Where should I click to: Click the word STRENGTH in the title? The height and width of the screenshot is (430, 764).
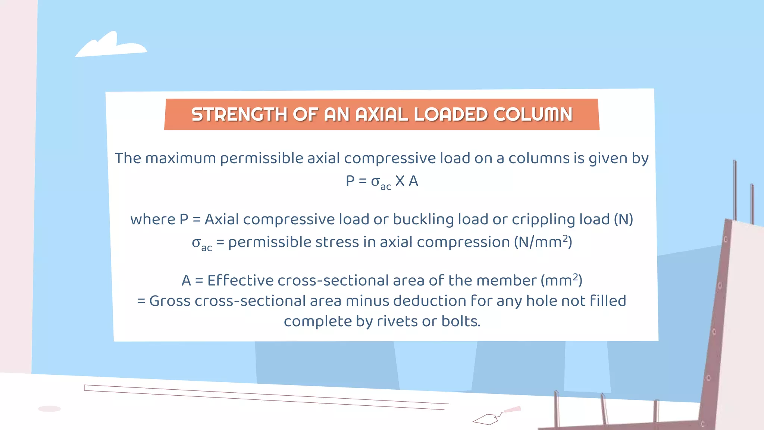pos(239,114)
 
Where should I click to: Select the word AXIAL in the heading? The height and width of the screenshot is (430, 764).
pos(382,114)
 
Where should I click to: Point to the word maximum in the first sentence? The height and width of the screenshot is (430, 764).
pos(180,158)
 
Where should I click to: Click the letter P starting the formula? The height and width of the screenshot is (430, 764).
pos(350,181)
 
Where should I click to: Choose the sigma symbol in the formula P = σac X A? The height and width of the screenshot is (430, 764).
pos(375,181)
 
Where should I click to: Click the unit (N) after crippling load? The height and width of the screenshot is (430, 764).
pos(623,219)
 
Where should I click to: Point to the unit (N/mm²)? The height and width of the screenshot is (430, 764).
pos(543,242)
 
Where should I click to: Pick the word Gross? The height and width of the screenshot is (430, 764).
pos(170,301)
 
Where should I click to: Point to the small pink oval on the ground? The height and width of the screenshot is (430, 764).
pos(49,409)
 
